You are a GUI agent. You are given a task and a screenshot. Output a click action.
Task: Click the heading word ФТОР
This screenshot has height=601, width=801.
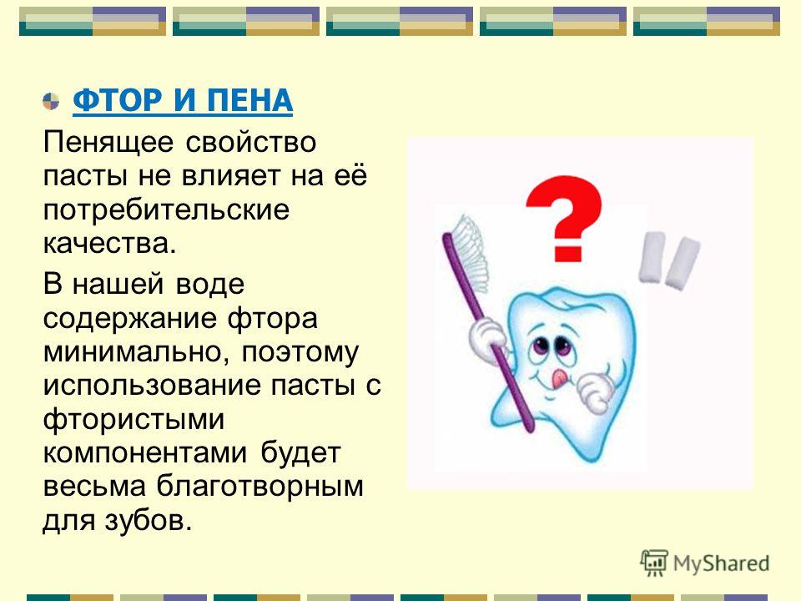pyautogui.click(x=118, y=100)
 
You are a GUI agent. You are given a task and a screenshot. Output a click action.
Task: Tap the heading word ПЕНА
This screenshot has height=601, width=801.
pyautogui.click(x=249, y=100)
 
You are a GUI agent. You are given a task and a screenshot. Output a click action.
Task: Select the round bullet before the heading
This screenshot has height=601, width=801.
pyautogui.click(x=51, y=101)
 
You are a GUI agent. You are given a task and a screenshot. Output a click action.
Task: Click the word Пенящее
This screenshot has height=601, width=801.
pyautogui.click(x=108, y=143)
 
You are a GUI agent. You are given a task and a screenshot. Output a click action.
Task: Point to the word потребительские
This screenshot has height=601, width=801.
pyautogui.click(x=166, y=210)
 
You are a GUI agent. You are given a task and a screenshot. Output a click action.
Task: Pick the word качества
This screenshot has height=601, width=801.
pyautogui.click(x=109, y=243)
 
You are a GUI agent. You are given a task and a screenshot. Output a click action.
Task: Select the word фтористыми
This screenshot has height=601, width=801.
pyautogui.click(x=133, y=419)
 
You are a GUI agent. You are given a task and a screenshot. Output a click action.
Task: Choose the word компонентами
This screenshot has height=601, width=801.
pyautogui.click(x=145, y=452)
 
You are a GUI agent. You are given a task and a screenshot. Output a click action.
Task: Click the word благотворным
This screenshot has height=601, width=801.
pyautogui.click(x=260, y=487)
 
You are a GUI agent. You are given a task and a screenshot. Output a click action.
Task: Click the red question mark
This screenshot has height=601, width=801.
pyautogui.click(x=565, y=218)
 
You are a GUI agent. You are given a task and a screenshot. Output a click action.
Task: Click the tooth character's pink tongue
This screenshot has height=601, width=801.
pyautogui.click(x=559, y=377)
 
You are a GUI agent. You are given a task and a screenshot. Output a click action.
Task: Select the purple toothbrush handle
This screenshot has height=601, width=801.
pyautogui.click(x=487, y=332)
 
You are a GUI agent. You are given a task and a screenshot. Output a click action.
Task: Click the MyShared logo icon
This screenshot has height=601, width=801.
pyautogui.click(x=654, y=563)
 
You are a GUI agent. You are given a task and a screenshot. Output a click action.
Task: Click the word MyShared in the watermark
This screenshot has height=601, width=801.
pyautogui.click(x=721, y=563)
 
